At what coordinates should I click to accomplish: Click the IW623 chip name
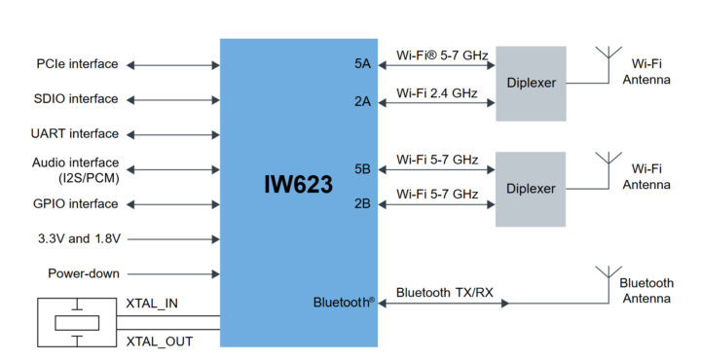[298, 184]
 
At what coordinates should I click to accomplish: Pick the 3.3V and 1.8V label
[76, 238]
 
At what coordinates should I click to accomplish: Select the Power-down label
[84, 273]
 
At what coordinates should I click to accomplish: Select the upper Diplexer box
[531, 83]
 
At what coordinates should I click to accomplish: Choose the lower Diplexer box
[531, 188]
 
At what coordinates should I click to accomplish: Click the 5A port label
[363, 64]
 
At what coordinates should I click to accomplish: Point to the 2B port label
[363, 204]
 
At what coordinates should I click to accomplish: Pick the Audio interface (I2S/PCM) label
[75, 169]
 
